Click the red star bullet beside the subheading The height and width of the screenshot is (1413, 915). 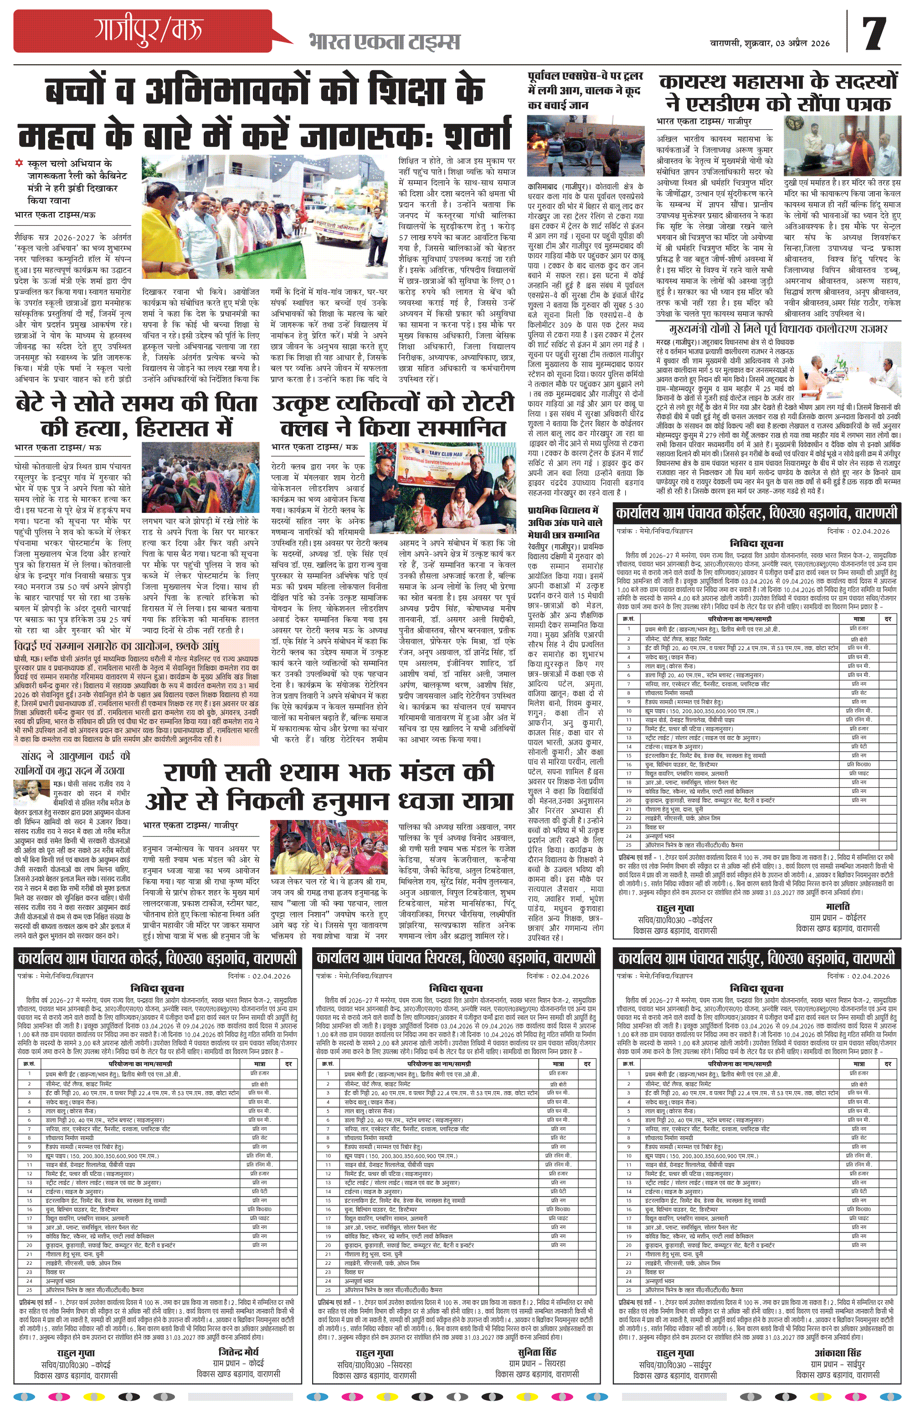coord(20,163)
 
